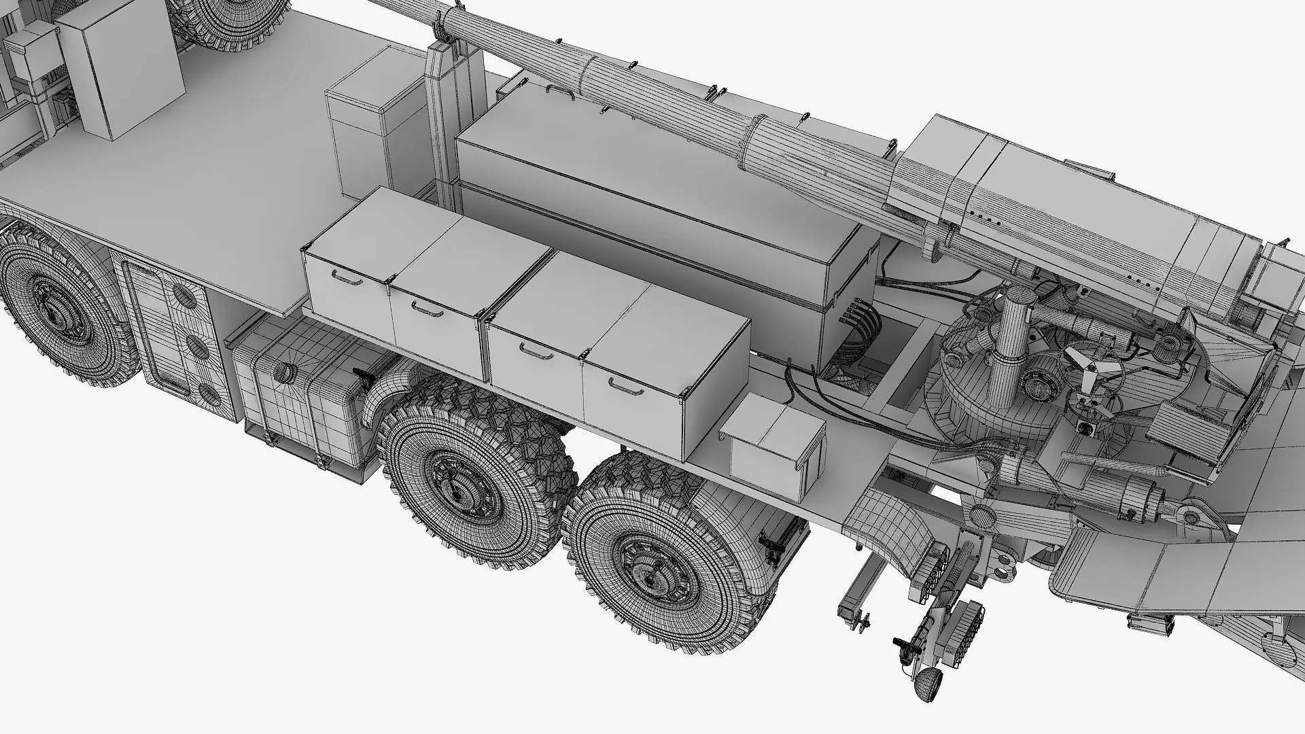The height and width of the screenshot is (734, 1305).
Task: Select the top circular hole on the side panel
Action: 182,296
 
